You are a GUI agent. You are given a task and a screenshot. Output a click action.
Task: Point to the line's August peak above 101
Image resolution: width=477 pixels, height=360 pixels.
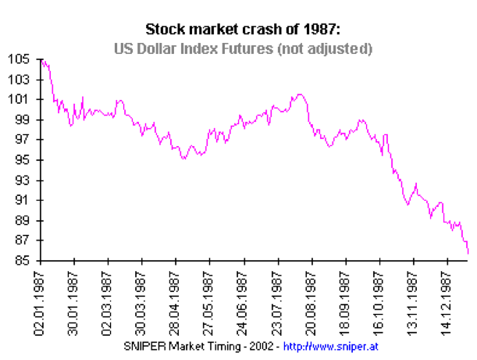[299, 94]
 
